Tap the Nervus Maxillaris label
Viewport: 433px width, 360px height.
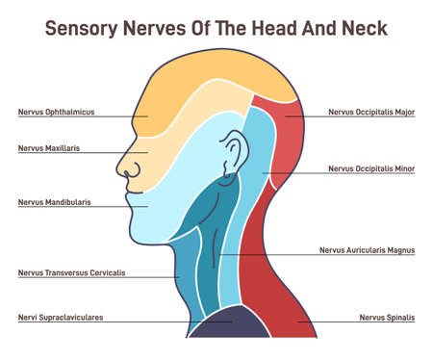pyautogui.click(x=48, y=148)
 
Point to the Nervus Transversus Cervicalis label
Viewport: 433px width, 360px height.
pyautogui.click(x=71, y=272)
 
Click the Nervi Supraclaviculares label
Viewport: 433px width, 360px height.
pyautogui.click(x=60, y=316)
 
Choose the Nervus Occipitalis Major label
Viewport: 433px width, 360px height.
pyautogui.click(x=371, y=112)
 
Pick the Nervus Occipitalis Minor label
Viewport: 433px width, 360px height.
pyautogui.click(x=371, y=168)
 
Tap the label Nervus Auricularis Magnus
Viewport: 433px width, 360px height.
pyautogui.click(x=367, y=249)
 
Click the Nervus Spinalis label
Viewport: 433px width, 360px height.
pyautogui.click(x=387, y=316)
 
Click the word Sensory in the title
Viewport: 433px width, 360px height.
pyautogui.click(x=88, y=28)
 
